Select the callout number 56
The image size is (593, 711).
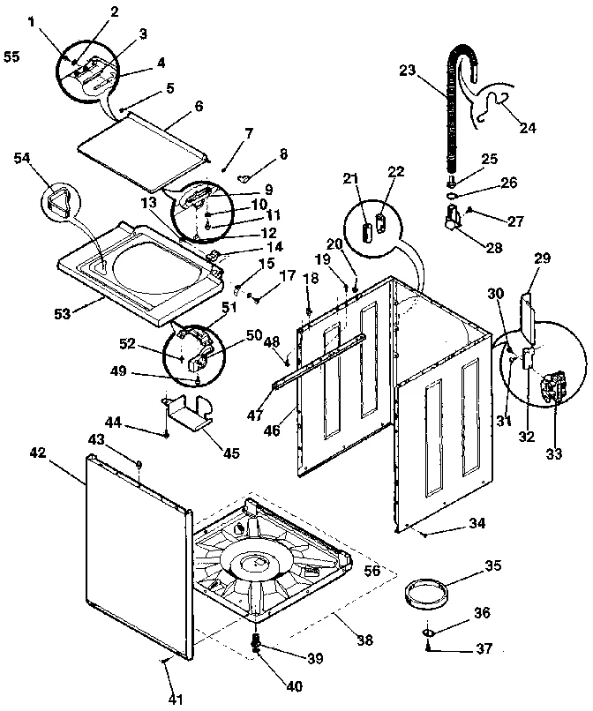(373, 571)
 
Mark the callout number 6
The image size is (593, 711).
(198, 105)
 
